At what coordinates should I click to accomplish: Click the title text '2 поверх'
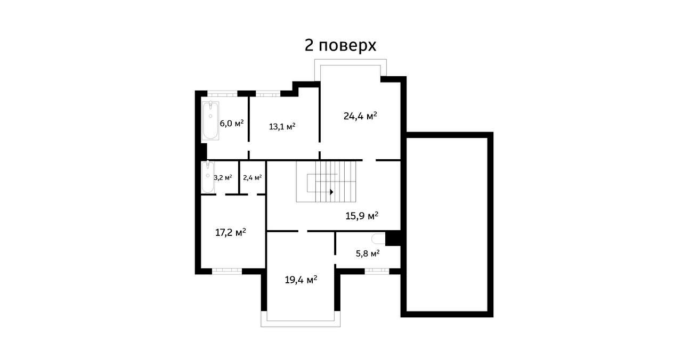click(x=340, y=46)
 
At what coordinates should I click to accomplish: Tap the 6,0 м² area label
click(x=232, y=123)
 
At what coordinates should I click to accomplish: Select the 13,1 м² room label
click(x=282, y=127)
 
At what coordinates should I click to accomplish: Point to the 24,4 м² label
click(x=360, y=116)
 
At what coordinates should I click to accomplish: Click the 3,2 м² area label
click(x=223, y=177)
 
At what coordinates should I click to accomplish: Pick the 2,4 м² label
click(x=252, y=177)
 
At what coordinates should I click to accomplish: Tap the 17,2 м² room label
click(x=230, y=233)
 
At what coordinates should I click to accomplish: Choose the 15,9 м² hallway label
click(x=362, y=216)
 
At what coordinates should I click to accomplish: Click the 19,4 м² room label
click(x=301, y=279)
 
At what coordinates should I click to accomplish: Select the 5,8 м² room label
click(x=368, y=253)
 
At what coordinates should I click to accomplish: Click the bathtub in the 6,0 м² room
click(x=210, y=120)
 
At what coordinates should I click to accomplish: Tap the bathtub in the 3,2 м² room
click(x=207, y=177)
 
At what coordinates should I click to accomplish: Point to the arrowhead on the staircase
click(x=331, y=192)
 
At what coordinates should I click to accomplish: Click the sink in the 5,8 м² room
click(x=379, y=239)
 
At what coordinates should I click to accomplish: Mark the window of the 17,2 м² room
click(x=226, y=271)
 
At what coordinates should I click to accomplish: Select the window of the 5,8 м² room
click(x=377, y=271)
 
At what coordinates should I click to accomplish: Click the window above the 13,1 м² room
click(x=268, y=94)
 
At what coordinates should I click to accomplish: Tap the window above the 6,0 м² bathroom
click(x=222, y=94)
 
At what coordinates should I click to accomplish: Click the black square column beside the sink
click(x=393, y=238)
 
